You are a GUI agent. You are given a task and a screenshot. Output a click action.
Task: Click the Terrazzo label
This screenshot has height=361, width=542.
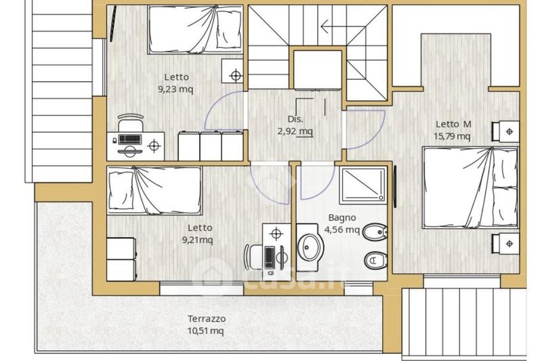pyautogui.click(x=207, y=318)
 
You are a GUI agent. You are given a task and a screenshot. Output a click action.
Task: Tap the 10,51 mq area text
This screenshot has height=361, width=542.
pyautogui.click(x=205, y=331)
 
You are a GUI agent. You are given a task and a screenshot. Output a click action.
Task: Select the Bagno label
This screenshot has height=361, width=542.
pyautogui.click(x=342, y=217)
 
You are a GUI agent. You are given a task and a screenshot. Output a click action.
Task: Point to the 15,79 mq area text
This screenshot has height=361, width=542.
pyautogui.click(x=452, y=136)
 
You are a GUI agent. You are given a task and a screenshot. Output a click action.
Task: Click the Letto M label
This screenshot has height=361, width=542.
pyautogui.click(x=453, y=124)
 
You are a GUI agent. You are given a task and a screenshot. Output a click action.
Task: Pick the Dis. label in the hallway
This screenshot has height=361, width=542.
pyautogui.click(x=295, y=119)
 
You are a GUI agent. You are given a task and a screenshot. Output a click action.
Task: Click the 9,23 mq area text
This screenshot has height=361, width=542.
pyautogui.click(x=175, y=89)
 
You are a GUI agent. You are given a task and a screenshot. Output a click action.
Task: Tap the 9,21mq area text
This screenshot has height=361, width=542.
pyautogui.click(x=197, y=240)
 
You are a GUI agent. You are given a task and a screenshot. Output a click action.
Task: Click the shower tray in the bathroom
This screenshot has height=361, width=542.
pyautogui.click(x=363, y=185)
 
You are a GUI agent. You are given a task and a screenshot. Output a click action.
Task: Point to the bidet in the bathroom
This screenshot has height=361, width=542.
pyautogui.click(x=375, y=232)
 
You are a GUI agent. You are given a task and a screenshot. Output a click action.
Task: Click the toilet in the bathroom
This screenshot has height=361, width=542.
pyautogui.click(x=376, y=261)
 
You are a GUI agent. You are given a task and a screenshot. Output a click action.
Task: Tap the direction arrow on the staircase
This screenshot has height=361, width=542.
pyautogui.click(x=343, y=26)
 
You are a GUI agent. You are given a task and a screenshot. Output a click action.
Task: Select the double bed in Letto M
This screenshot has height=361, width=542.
pyautogui.click(x=470, y=187)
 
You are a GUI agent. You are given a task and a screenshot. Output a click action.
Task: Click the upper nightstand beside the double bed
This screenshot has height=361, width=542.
pyautogui.click(x=505, y=131)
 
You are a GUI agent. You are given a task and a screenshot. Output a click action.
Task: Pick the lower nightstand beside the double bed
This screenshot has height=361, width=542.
pyautogui.click(x=505, y=244)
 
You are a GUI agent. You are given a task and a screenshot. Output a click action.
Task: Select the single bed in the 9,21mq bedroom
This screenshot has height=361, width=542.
pyautogui.click(x=154, y=190)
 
